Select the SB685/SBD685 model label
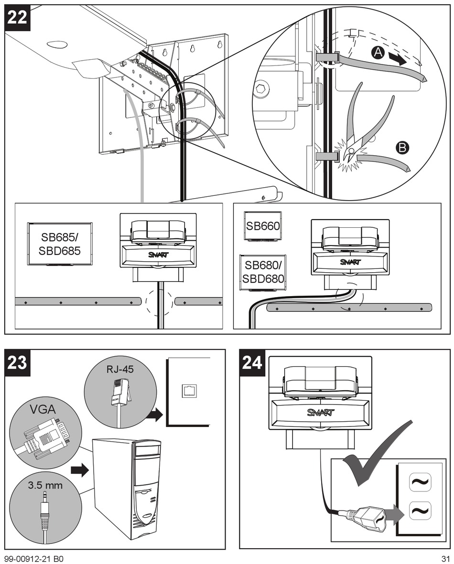click(x=60, y=244)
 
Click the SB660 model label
click(x=262, y=226)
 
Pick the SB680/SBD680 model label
click(x=262, y=272)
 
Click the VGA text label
click(x=43, y=409)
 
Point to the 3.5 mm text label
click(x=45, y=486)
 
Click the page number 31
click(x=445, y=558)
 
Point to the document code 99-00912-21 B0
click(x=34, y=558)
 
